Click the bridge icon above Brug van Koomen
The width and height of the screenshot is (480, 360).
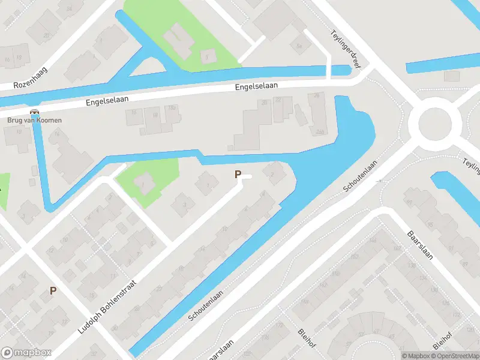point(34,112)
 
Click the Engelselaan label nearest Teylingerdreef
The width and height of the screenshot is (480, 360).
point(256,86)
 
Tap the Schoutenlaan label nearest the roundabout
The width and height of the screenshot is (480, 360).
point(361,176)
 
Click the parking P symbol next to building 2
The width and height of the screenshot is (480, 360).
point(238,175)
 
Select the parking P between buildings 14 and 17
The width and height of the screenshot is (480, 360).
point(53,290)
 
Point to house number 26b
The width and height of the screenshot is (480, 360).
point(320,132)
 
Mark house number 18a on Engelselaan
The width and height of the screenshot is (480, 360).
point(172,108)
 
